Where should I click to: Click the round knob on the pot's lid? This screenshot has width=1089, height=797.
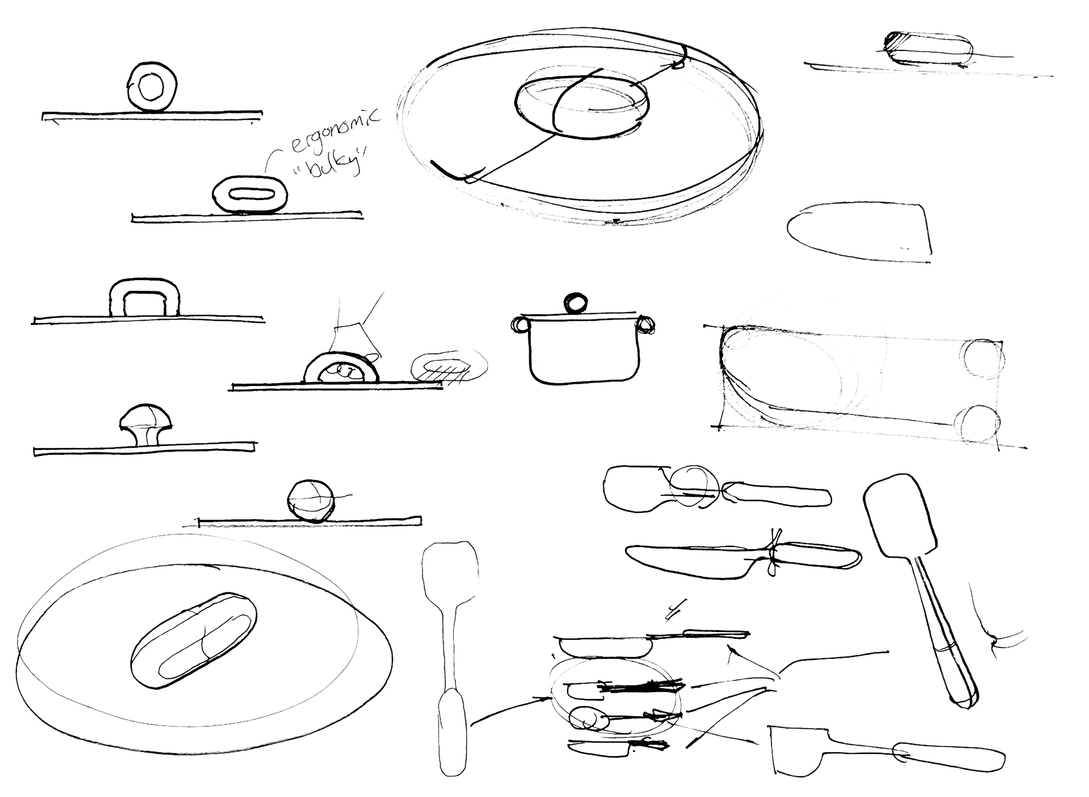coord(576,302)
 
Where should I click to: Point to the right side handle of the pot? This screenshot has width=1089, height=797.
coord(645,325)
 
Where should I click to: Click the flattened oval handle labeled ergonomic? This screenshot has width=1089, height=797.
coord(250,194)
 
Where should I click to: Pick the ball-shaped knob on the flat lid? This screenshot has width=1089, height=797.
coord(309,501)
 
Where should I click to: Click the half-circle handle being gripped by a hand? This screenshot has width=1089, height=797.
coord(340,368)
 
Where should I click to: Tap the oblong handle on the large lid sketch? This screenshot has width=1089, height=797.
coord(193,640)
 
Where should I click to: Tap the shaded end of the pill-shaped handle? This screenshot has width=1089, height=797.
coord(896,46)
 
